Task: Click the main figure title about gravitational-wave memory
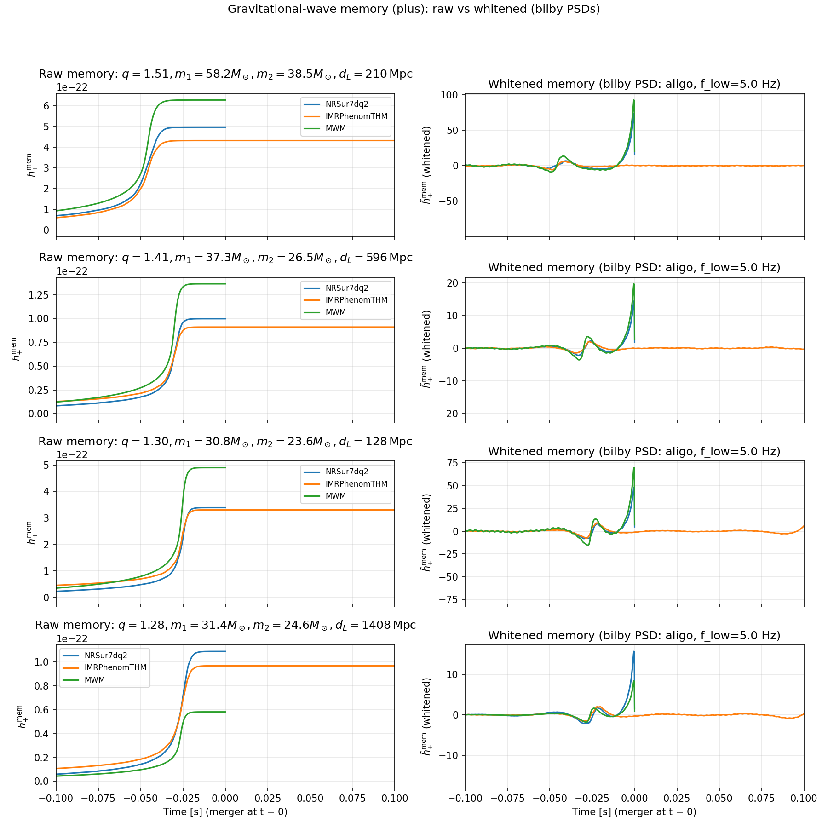click(x=414, y=9)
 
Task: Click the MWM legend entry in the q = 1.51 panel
click(x=335, y=128)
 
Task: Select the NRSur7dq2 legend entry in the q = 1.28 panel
click(x=106, y=655)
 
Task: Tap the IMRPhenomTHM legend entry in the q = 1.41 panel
click(x=356, y=300)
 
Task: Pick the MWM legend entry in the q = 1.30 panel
click(x=335, y=496)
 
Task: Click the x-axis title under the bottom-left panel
click(x=225, y=812)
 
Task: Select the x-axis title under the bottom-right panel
click(x=634, y=812)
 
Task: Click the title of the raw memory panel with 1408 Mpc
click(x=225, y=625)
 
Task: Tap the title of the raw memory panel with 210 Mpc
click(x=225, y=74)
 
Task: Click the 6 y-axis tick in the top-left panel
click(x=47, y=106)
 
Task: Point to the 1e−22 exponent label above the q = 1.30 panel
click(x=72, y=455)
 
